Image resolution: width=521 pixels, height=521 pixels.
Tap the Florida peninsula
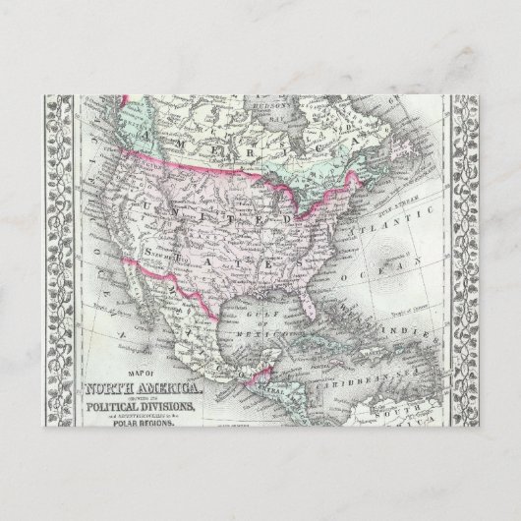click(316, 300)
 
